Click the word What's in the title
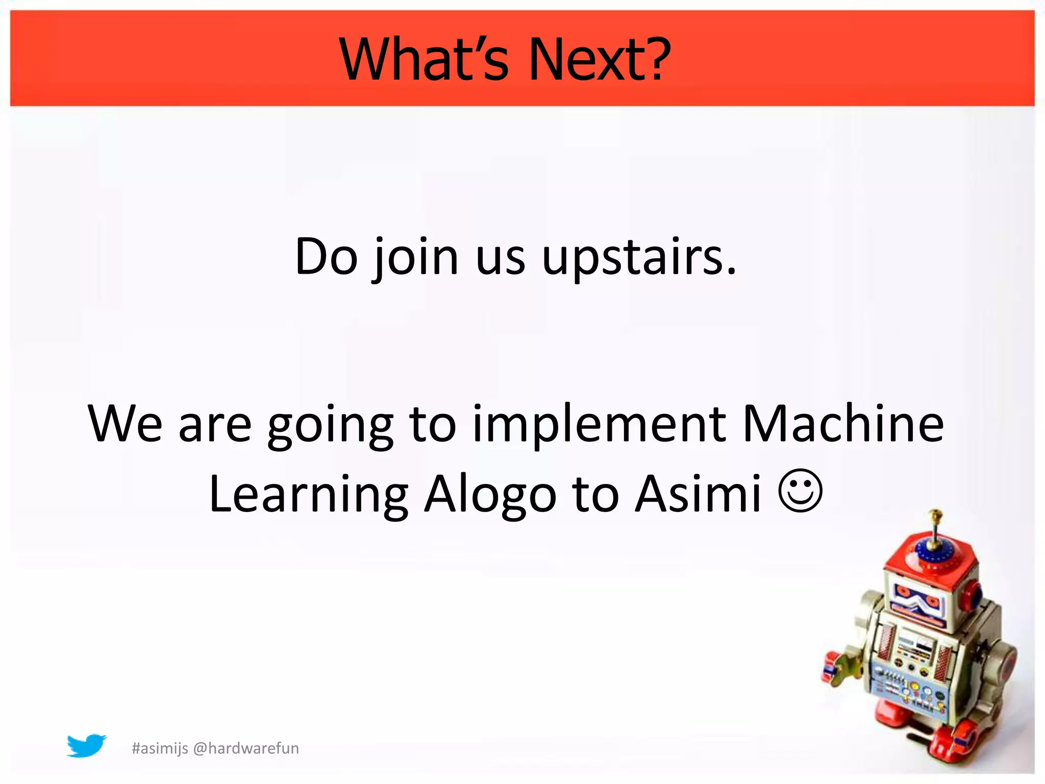click(424, 60)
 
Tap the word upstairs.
click(639, 258)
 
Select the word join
click(416, 258)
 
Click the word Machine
click(842, 424)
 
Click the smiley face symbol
click(800, 491)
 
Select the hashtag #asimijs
click(160, 748)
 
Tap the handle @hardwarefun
click(246, 748)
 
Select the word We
click(125, 424)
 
